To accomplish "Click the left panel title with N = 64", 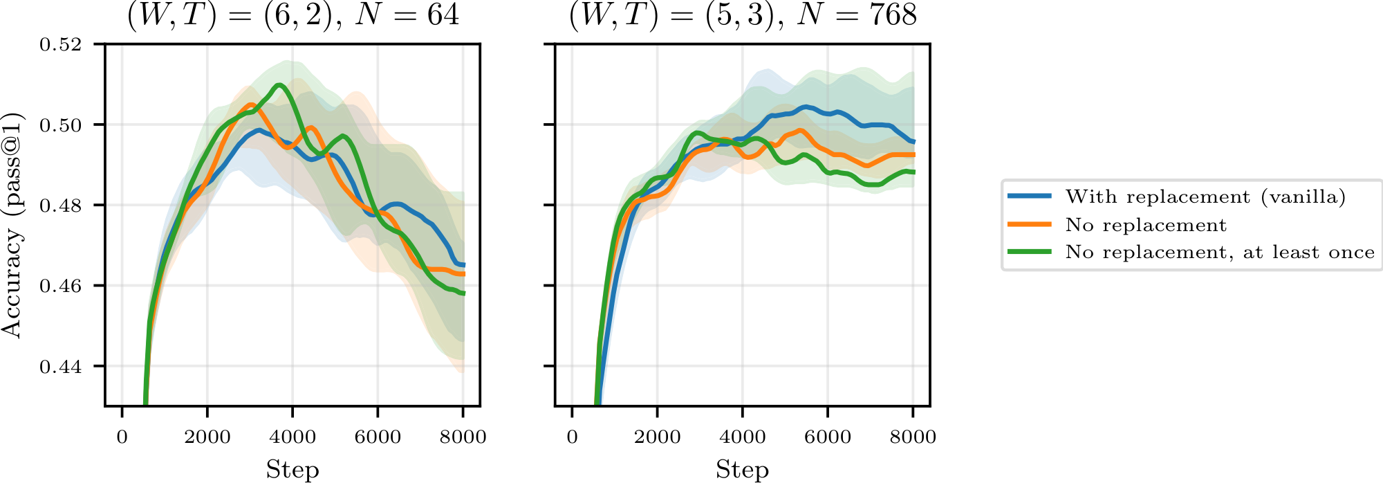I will tap(293, 15).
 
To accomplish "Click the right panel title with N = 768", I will tap(743, 15).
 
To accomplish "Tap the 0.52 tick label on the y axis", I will tap(60, 45).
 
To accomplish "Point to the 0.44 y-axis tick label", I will tap(60, 367).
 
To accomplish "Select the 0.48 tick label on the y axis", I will tap(60, 206).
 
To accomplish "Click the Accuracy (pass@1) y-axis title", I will tap(12, 225).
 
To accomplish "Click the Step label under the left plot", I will tap(293, 469).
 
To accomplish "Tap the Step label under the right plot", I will tap(742, 469).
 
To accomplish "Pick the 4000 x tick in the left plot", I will tap(293, 437).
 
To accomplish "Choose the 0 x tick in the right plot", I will tap(572, 437).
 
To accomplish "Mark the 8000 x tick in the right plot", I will tap(913, 437).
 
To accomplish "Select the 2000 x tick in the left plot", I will tap(207, 437).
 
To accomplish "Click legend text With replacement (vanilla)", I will tap(1205, 197).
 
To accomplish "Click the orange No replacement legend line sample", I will tap(1030, 225).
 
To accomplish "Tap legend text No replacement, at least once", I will tap(1220, 253).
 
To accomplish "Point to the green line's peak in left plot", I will tap(279, 85).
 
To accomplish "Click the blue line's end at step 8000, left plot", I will tap(463, 265).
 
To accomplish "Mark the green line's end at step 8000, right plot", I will tap(913, 172).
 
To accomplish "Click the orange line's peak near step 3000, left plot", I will tap(250, 105).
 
